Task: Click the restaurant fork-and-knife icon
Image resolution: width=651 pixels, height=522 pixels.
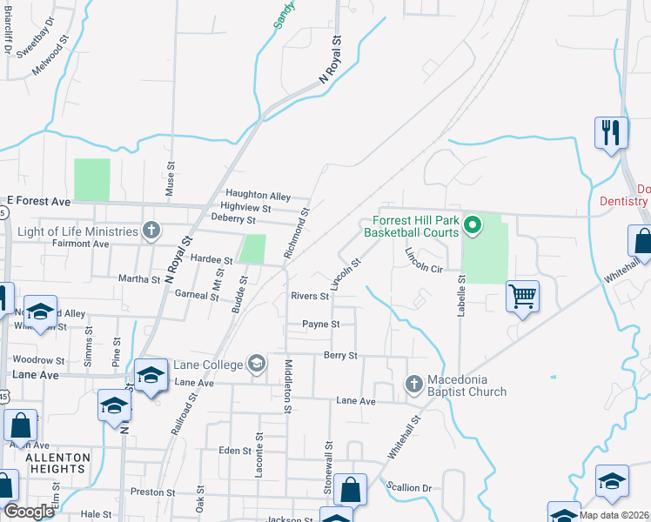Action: (611, 132)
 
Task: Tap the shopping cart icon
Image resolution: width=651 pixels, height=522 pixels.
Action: (522, 296)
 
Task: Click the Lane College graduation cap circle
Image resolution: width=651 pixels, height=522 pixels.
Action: (257, 363)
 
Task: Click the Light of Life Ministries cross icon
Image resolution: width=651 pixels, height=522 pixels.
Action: (151, 231)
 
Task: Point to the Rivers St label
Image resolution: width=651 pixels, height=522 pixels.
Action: (310, 297)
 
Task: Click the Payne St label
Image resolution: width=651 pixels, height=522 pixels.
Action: (319, 325)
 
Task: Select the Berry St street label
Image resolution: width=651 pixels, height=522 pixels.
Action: (340, 356)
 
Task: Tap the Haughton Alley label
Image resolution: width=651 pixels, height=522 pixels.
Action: (258, 196)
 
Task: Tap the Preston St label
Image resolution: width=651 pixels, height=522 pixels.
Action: (152, 492)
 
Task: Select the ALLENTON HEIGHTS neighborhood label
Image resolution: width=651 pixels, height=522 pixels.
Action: (57, 463)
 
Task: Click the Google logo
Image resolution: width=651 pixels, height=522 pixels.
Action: (30, 511)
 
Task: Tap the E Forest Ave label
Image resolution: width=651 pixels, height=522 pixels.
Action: (38, 201)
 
